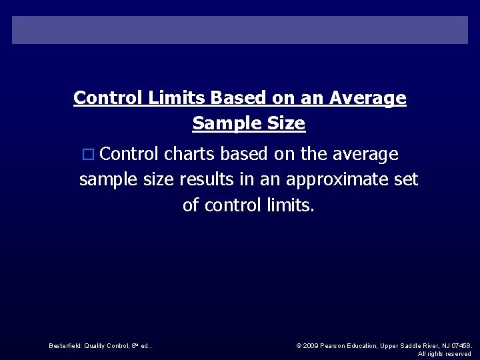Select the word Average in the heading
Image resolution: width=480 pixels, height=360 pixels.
click(x=373, y=98)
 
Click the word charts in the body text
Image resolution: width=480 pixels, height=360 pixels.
click(x=190, y=154)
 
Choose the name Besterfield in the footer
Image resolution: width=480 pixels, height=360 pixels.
click(x=65, y=345)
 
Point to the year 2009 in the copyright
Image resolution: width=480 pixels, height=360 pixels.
click(x=311, y=345)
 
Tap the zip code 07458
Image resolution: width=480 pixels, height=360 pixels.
click(x=461, y=345)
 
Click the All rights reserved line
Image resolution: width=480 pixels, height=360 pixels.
click(x=445, y=354)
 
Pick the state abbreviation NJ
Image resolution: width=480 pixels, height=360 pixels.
click(x=445, y=345)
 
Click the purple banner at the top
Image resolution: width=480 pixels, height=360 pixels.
click(x=240, y=30)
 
